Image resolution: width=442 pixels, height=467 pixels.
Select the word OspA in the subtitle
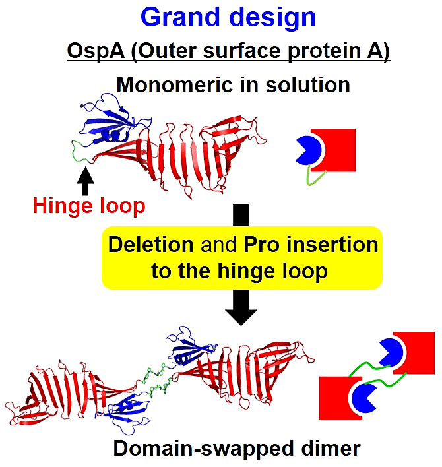96,51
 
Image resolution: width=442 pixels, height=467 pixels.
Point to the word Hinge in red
63,206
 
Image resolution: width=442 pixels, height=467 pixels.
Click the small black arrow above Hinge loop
86,181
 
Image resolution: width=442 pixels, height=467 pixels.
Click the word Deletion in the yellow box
150,245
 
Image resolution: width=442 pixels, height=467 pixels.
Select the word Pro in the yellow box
261,245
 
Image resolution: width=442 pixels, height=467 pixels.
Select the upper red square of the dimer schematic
417,353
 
